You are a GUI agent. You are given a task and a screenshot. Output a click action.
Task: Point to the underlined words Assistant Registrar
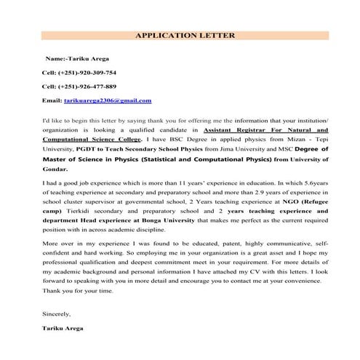[230, 127]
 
